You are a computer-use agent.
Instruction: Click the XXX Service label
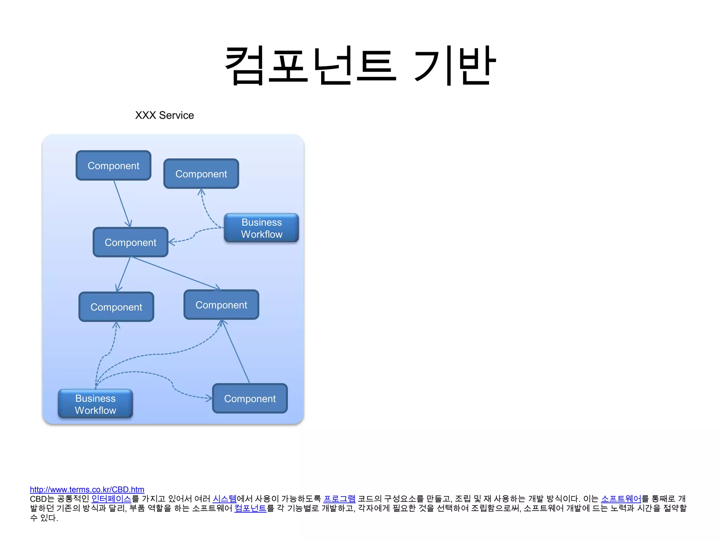coord(164,115)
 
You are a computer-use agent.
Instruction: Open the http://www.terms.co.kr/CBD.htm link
coord(87,490)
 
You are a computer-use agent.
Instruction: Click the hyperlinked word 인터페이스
coord(111,499)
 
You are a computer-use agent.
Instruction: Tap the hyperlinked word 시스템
coord(225,499)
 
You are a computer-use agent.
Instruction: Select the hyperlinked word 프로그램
coord(339,499)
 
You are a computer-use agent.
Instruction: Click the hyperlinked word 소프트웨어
coord(621,499)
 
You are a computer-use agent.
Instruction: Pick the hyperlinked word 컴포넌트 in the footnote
coord(250,508)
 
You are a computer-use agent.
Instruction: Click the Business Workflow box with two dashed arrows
coord(262,228)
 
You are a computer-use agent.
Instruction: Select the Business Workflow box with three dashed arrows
coord(95,404)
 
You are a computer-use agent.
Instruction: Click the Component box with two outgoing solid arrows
coord(131,242)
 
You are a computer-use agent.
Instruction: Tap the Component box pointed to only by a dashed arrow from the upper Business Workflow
coord(201,174)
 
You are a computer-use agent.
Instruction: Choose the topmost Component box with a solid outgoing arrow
coord(113,166)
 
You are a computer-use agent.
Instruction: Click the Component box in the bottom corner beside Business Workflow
coord(250,398)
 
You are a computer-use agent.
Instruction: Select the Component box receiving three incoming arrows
coord(221,305)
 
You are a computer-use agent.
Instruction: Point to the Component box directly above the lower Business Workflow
coord(116,307)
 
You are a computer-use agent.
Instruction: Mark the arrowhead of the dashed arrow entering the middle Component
coord(171,242)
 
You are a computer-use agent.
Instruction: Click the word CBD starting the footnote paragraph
coord(38,499)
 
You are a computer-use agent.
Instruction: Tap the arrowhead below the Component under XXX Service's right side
coord(201,192)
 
